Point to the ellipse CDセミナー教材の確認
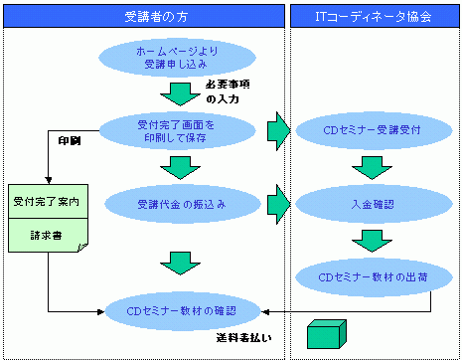[x=181, y=311]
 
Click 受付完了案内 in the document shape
[x=46, y=202]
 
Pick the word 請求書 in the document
[x=46, y=239]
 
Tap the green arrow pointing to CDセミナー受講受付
[x=278, y=129]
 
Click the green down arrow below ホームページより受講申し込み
[x=180, y=93]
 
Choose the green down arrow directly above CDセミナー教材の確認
[x=180, y=264]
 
